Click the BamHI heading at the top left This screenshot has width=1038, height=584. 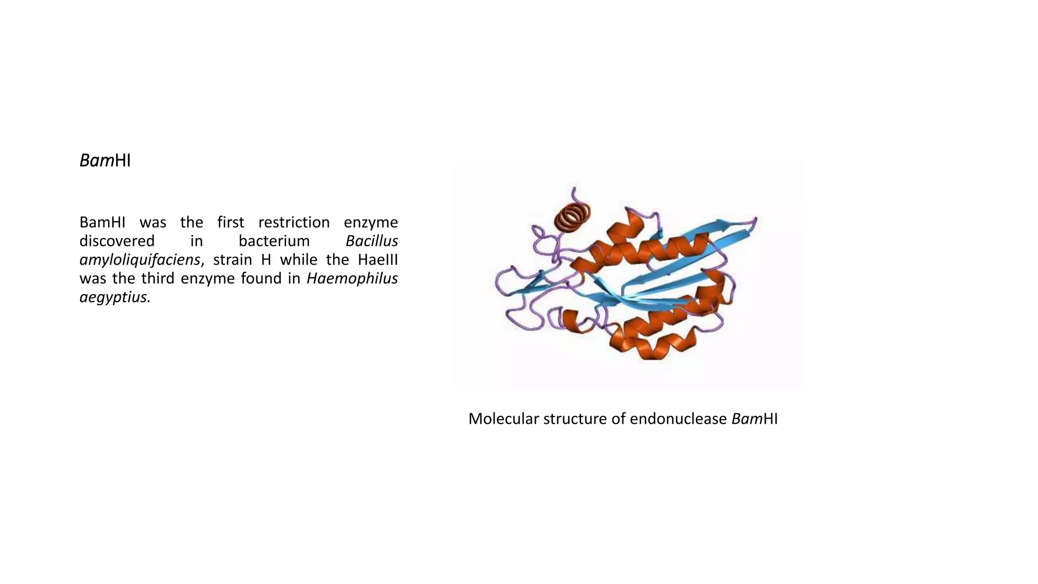[x=105, y=161]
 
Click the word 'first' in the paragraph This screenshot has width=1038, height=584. [x=231, y=223]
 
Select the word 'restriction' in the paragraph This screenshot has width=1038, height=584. [x=294, y=223]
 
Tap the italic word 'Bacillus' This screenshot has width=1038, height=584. [x=372, y=241]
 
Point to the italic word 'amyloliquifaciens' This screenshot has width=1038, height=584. [x=140, y=260]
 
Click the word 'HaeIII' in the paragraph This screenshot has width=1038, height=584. [x=378, y=260]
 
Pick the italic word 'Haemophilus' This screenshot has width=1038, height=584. [x=352, y=278]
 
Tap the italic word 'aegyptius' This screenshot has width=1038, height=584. [x=114, y=298]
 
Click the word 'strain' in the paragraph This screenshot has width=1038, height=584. [x=232, y=260]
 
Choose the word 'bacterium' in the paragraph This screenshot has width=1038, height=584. [x=274, y=241]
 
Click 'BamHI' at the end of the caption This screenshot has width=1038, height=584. [x=754, y=419]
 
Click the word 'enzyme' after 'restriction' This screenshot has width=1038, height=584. [x=370, y=223]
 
